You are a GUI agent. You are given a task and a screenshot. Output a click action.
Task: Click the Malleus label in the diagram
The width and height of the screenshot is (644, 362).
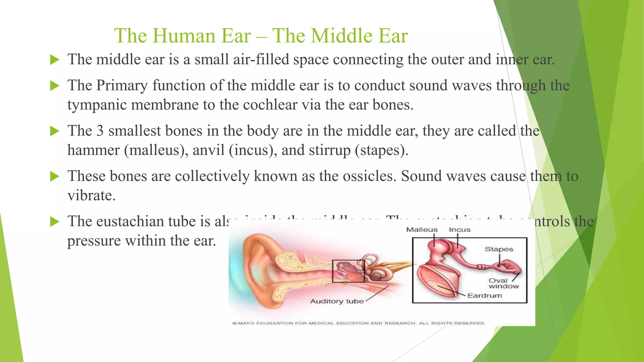[x=422, y=230]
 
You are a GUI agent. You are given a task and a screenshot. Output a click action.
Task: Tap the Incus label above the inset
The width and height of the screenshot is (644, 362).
[x=459, y=230]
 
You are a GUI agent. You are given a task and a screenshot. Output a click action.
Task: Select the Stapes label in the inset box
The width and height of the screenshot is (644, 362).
[x=499, y=249]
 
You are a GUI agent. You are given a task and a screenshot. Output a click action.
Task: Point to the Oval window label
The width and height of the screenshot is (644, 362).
[x=503, y=283]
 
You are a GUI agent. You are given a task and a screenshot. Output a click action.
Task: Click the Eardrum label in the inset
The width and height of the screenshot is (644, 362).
[x=484, y=295]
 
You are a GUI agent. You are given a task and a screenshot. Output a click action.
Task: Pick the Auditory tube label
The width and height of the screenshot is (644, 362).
[x=337, y=301]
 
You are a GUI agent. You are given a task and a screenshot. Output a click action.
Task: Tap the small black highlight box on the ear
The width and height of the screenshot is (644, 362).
[x=348, y=271]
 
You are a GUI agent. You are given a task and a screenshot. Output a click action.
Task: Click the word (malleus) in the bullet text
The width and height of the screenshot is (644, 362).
[x=156, y=150]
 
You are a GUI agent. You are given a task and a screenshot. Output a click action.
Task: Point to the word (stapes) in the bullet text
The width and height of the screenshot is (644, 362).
[x=381, y=150]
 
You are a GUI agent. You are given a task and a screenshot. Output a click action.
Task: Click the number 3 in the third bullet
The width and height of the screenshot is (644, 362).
[x=100, y=131]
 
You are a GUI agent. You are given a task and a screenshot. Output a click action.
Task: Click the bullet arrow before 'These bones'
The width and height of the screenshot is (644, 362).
[x=55, y=177]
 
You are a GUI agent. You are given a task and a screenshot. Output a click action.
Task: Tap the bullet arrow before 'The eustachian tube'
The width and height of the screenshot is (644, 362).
[x=55, y=222]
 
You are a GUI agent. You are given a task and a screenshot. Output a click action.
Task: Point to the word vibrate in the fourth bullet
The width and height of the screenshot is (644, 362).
[x=92, y=195]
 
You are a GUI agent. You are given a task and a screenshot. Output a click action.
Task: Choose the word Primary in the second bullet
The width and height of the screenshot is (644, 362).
[x=122, y=85]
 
